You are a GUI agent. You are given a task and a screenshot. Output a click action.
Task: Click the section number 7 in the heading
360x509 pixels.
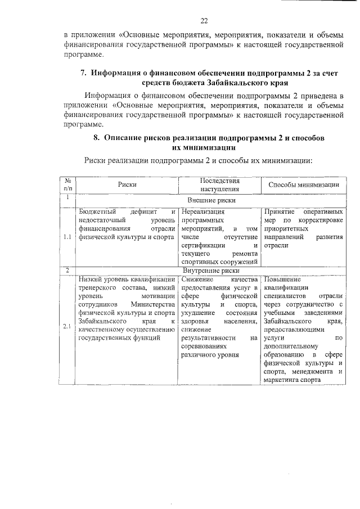click(83, 73)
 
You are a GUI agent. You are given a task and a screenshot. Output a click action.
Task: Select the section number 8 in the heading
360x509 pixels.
click(96, 137)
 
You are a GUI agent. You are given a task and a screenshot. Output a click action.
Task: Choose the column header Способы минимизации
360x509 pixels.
click(303, 185)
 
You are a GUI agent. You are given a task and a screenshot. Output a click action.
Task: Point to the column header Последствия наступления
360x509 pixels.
click(219, 185)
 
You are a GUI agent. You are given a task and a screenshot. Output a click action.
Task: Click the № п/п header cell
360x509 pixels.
click(67, 185)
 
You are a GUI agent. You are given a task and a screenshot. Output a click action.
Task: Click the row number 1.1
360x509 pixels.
click(67, 237)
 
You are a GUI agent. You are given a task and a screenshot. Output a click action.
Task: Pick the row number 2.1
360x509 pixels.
click(67, 327)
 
